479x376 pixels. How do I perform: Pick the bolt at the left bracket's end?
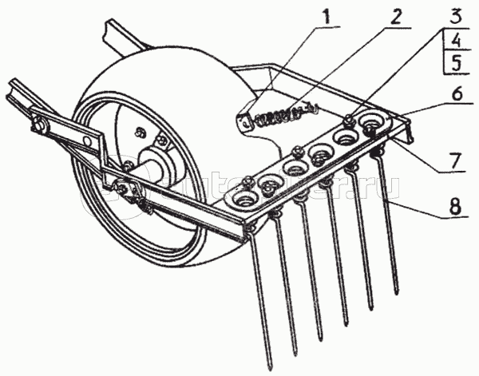[38, 125]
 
